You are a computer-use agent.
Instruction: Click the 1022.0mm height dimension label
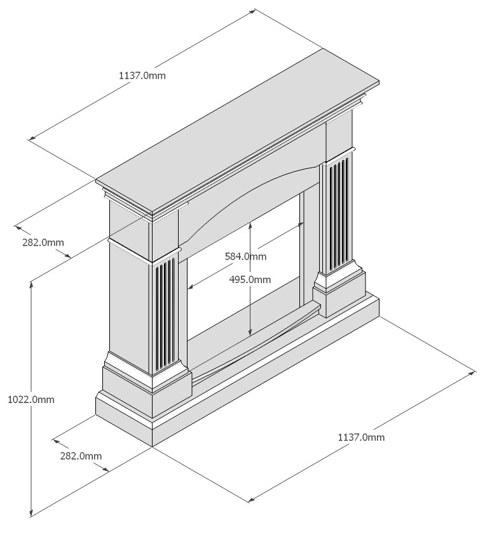pos(31,400)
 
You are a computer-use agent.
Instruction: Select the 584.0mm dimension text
pos(245,256)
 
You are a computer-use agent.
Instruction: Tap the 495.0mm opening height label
pos(250,279)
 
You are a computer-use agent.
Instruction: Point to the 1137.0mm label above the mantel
pos(142,76)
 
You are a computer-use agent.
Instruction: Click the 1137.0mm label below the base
pos(361,437)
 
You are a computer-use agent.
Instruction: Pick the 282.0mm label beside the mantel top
pos(43,242)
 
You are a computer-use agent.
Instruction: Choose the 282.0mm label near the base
pos(81,456)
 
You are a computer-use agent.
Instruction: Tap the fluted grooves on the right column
pos(339,215)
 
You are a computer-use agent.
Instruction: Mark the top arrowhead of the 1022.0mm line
pos(31,285)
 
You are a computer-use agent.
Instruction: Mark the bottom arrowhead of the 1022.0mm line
pos(31,513)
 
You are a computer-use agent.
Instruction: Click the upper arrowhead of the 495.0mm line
pos(250,225)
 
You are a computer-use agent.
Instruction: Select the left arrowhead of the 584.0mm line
pos(191,286)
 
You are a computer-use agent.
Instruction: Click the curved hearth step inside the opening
pos(256,342)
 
